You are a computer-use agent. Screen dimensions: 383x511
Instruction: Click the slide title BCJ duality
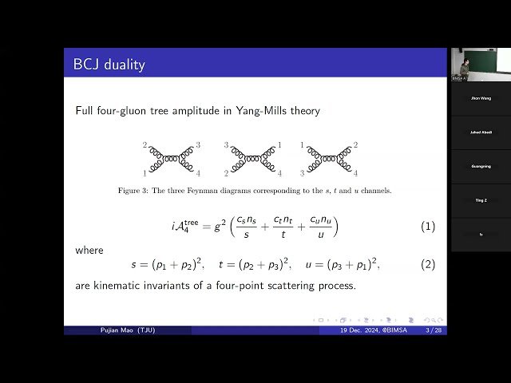[109, 65]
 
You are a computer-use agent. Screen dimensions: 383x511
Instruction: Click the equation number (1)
[428, 227]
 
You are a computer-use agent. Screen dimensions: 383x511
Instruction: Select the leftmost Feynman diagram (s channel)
[173, 159]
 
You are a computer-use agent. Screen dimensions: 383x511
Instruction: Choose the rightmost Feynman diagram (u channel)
[328, 159]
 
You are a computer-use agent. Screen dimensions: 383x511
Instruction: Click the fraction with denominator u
[323, 227]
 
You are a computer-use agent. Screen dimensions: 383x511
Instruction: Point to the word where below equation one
[89, 251]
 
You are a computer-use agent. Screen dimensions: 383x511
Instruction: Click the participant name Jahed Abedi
[481, 132]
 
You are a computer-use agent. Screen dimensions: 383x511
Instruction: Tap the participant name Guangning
[481, 166]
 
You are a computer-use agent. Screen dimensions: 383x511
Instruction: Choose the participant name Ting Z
[481, 200]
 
